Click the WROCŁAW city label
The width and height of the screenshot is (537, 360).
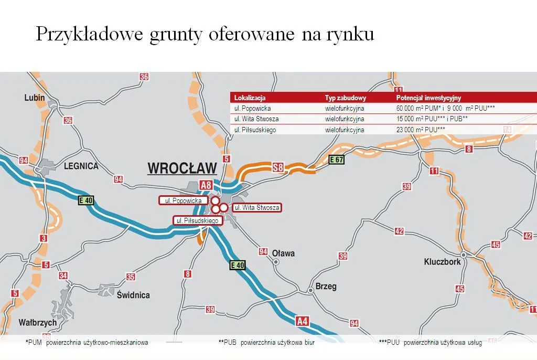182,168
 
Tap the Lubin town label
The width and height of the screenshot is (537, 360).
35,98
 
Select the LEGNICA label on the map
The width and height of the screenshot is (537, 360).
81,166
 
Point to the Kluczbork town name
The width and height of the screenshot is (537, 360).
442,261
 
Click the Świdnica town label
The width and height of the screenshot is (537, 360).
133,295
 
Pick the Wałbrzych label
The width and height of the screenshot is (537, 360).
30,322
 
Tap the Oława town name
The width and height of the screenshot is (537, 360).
283,253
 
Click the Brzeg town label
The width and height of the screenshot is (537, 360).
325,287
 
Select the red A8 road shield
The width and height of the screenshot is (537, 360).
206,185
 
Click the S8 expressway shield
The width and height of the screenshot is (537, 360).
278,168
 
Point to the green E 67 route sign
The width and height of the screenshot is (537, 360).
336,160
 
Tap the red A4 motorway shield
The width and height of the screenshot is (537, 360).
302,321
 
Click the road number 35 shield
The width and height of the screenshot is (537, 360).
131,277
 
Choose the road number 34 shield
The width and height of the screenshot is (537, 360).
63,276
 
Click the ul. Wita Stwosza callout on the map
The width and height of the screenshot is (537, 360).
256,208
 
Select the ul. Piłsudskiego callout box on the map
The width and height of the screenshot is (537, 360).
197,220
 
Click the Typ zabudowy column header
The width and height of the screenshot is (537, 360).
345,98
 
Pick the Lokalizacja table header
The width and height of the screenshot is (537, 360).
250,98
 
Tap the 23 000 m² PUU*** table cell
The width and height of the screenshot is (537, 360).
421,130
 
